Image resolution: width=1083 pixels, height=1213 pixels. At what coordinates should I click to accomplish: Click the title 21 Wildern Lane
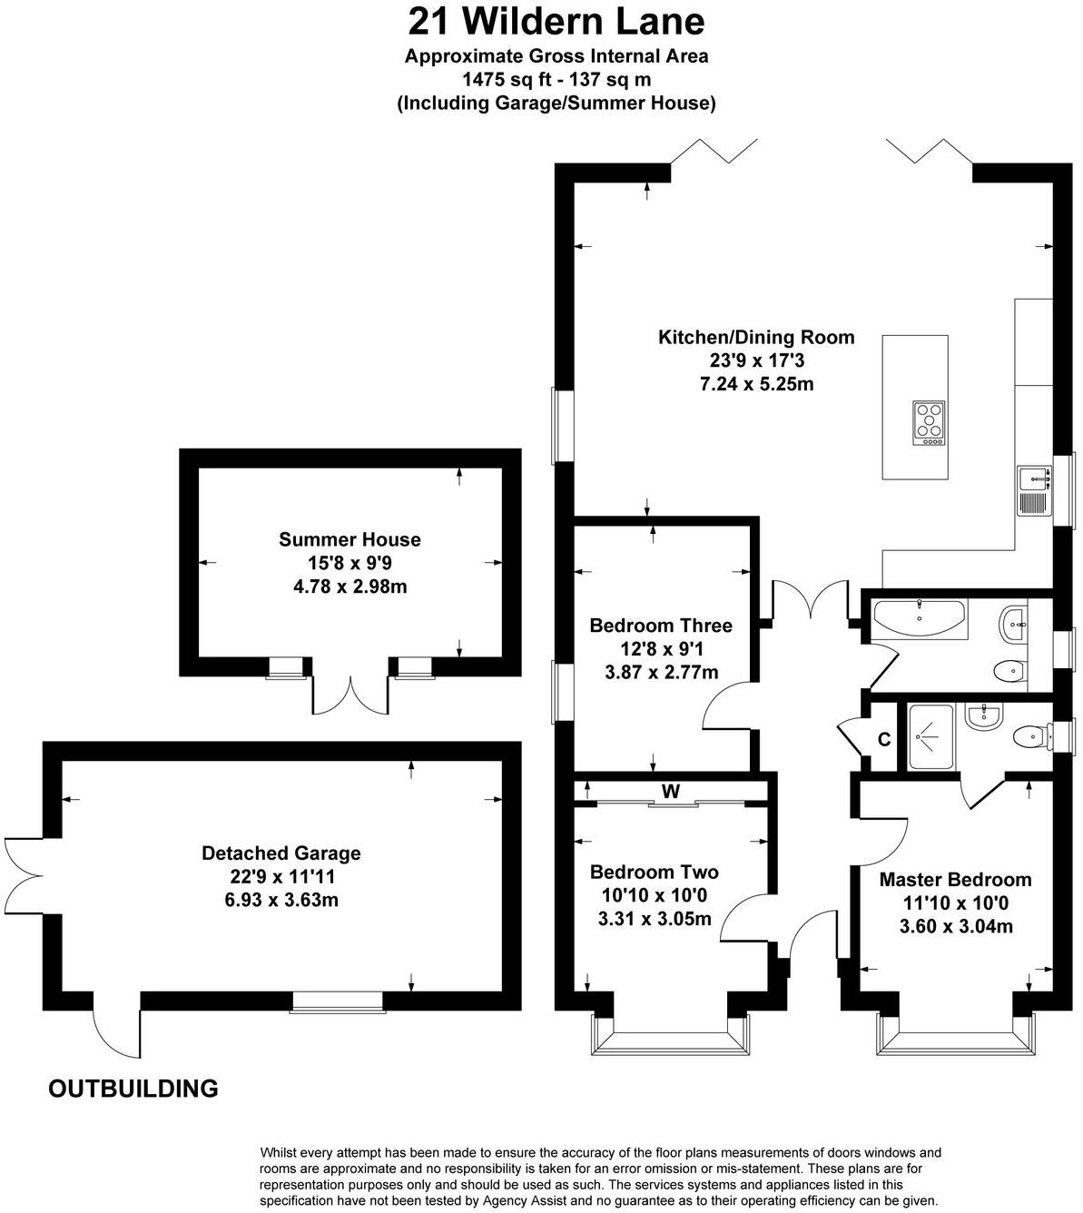pos(556,21)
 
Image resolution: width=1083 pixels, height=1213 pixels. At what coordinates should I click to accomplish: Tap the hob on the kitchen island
pos(929,423)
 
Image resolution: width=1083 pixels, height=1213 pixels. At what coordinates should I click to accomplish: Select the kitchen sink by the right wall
pos(1032,489)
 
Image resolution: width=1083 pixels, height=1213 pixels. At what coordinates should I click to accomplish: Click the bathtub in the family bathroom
pos(920,616)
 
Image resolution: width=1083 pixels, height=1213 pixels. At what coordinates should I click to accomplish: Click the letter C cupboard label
pos(884,740)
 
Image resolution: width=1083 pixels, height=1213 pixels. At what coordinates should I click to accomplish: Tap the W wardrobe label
pos(670,792)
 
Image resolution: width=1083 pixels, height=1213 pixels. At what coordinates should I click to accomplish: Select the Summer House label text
pos(350,539)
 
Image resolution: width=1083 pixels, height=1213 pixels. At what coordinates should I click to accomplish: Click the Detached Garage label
pos(281,853)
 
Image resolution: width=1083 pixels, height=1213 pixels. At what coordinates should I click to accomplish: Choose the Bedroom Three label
pos(660,626)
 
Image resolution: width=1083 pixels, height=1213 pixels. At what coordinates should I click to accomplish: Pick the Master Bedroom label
pos(955,880)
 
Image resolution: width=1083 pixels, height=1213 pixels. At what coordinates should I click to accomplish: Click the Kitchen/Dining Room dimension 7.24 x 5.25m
pos(755,384)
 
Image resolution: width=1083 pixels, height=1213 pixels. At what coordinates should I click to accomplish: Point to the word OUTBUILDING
pos(133,1088)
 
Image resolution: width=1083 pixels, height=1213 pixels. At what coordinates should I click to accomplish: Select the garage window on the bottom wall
pos(337,1001)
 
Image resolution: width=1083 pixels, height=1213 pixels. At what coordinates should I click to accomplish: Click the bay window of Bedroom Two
pos(671,1035)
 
